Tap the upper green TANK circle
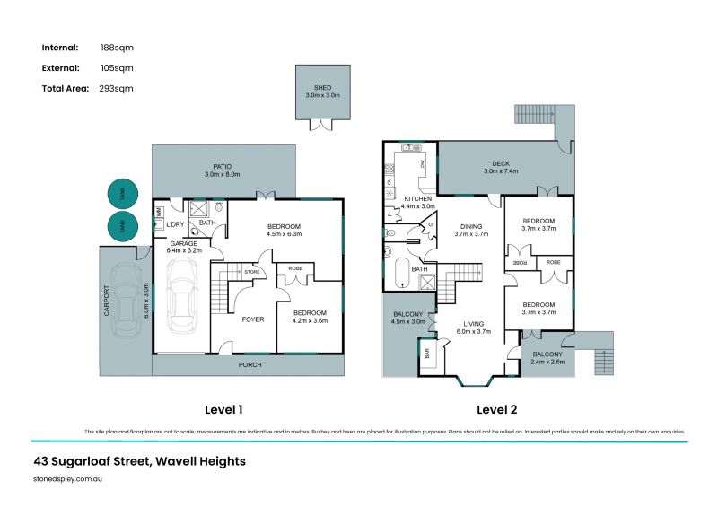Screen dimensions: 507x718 (118, 193)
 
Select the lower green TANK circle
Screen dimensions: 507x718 (118, 228)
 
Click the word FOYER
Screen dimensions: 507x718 (253, 319)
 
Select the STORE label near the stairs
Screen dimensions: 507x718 (252, 271)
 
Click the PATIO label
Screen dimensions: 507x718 (223, 166)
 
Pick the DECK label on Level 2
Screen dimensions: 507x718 (501, 163)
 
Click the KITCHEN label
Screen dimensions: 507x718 (417, 198)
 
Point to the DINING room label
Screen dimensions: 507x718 (471, 226)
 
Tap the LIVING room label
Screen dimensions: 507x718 (474, 323)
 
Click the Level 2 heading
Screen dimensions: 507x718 (498, 410)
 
